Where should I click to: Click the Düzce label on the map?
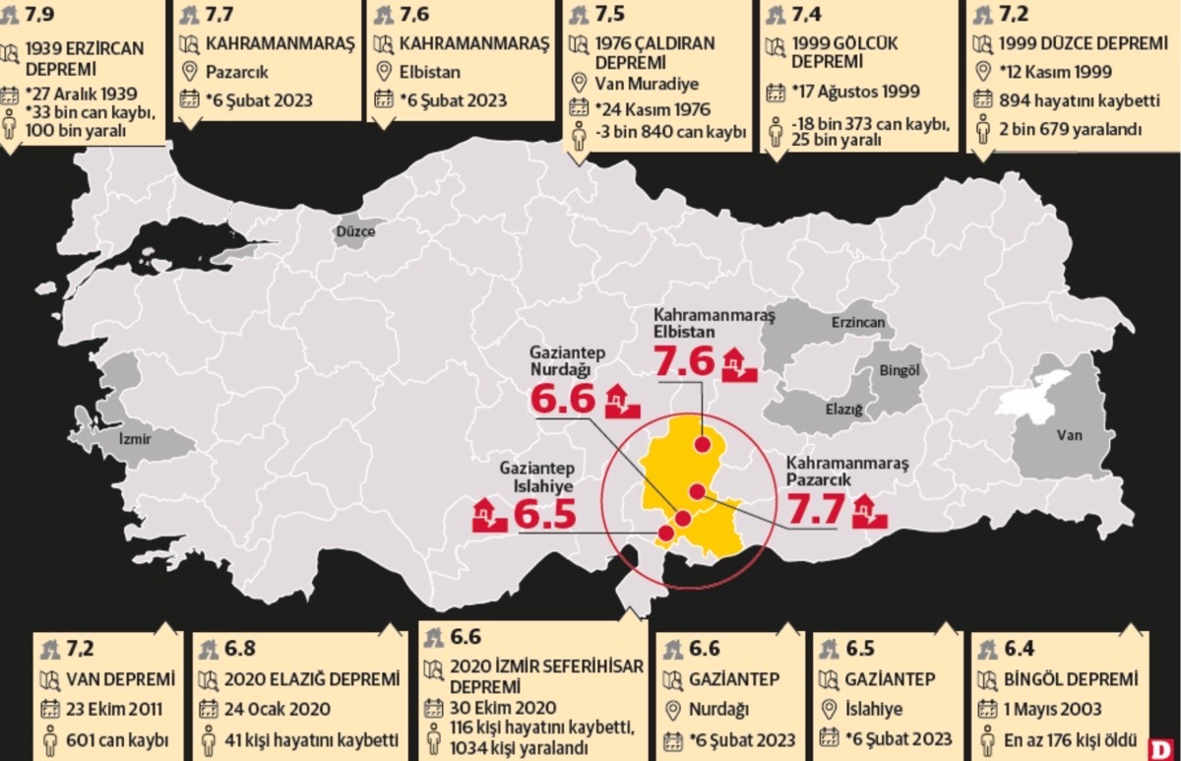point(357,231)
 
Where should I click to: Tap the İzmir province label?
point(135,438)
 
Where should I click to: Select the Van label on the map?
point(1068,434)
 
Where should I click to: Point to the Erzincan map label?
point(857,322)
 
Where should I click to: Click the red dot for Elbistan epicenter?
point(702,444)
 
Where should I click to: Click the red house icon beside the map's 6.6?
point(622,402)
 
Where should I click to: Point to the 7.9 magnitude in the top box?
point(44,15)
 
